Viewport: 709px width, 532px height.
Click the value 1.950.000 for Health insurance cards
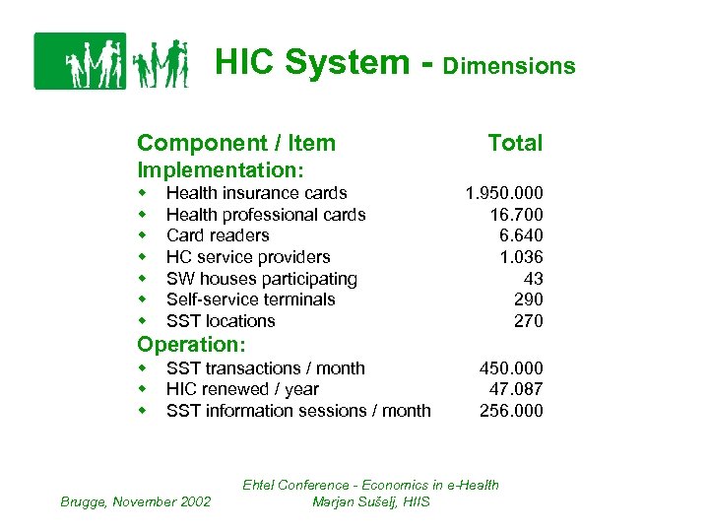[x=503, y=193]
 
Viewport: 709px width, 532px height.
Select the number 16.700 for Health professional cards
[x=515, y=215]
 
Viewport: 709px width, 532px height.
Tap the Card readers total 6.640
[x=520, y=235]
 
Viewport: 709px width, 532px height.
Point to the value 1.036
[x=520, y=257]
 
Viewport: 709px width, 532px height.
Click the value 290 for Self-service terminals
[x=527, y=299]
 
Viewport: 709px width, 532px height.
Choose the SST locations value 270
[x=527, y=321]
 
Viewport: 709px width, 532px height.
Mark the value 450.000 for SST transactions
[x=510, y=368]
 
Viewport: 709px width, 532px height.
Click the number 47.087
[x=515, y=389]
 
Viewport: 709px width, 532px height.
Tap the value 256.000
[x=510, y=411]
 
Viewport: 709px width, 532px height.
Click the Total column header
[x=515, y=144]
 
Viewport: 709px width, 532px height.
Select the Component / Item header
[x=236, y=144]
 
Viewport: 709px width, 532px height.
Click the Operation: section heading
[x=191, y=345]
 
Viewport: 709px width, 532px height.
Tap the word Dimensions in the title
[x=509, y=67]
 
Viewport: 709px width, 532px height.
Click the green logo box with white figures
[x=80, y=61]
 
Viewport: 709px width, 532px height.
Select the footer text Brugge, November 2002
[x=136, y=501]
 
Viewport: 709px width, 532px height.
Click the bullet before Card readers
[x=143, y=235]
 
